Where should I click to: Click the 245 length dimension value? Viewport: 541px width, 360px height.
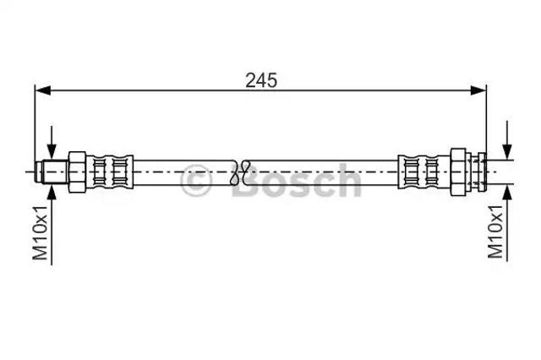pos(261,80)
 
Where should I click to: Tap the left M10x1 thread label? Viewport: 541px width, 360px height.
pos(40,232)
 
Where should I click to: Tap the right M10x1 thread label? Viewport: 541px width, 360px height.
pos(495,231)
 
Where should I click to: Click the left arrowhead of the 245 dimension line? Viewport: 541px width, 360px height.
pos(43,90)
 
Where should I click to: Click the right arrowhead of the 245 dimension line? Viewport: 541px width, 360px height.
pos(478,90)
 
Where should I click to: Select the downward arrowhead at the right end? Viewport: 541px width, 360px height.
pos(507,152)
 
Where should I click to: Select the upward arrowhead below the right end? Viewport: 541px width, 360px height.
pos(507,192)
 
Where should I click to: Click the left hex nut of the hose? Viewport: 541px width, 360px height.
pos(77,172)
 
